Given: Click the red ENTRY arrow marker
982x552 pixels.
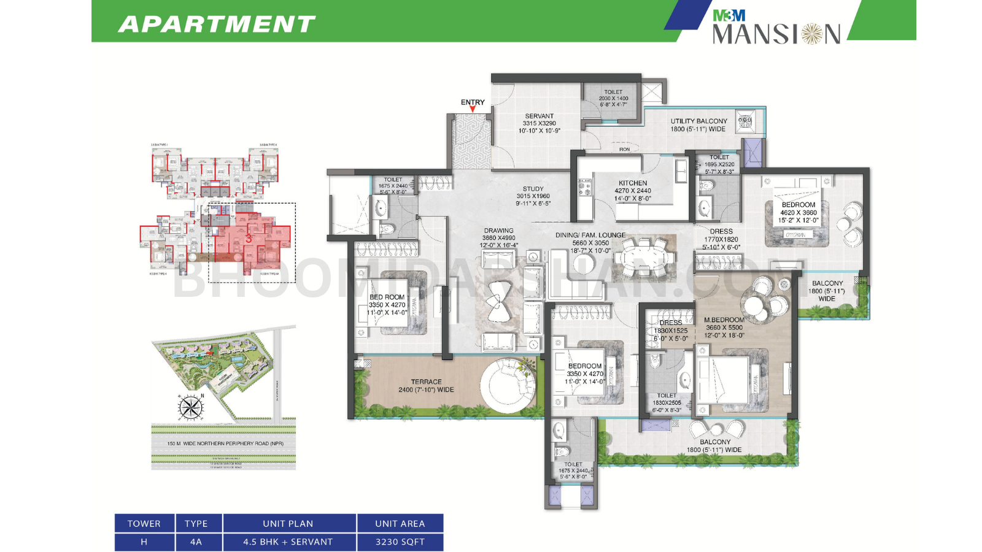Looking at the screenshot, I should pyautogui.click(x=473, y=110).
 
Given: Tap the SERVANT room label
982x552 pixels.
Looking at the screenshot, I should pyautogui.click(x=539, y=116).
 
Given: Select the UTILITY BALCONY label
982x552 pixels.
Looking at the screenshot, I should pyautogui.click(x=698, y=121).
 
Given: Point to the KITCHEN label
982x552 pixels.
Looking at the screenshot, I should pyautogui.click(x=633, y=183).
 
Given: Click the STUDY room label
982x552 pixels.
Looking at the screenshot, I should pyautogui.click(x=533, y=189).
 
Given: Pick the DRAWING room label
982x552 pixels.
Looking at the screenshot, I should pyautogui.click(x=498, y=231).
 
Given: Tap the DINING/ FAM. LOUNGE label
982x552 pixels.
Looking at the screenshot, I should pyautogui.click(x=590, y=235).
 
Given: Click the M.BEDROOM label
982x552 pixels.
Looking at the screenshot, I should pyautogui.click(x=724, y=320).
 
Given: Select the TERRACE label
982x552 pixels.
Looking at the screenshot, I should pyautogui.click(x=426, y=381).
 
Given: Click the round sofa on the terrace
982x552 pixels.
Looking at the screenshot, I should pyautogui.click(x=508, y=385).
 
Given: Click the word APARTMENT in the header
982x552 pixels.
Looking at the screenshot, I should pyautogui.click(x=217, y=24).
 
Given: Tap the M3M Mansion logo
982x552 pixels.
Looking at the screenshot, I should pyautogui.click(x=776, y=28).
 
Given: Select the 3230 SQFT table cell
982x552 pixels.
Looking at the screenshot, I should pyautogui.click(x=400, y=542).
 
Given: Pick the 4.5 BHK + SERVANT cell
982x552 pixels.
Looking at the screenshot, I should pyautogui.click(x=288, y=542).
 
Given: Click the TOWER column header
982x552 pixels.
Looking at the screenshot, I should pyautogui.click(x=144, y=524).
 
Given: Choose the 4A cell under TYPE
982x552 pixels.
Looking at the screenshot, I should pyautogui.click(x=196, y=542).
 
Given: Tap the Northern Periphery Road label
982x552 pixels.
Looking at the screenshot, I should pyautogui.click(x=225, y=443).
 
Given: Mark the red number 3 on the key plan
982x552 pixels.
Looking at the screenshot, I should pyautogui.click(x=249, y=238).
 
